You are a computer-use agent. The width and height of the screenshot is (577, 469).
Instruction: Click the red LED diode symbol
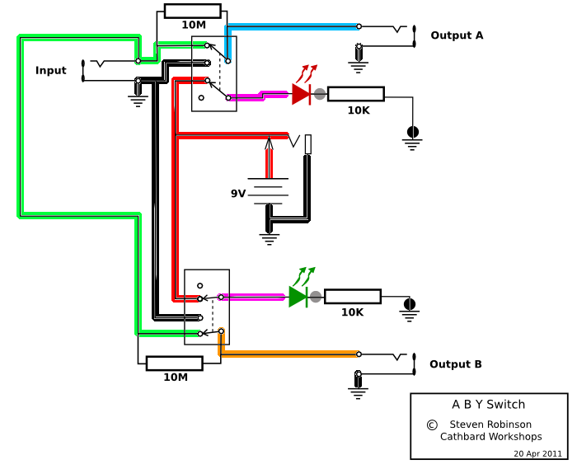click(x=301, y=94)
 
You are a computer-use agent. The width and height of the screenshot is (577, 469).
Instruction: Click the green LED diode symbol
click(x=298, y=297)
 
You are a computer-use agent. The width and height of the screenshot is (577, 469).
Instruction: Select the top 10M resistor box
click(x=192, y=11)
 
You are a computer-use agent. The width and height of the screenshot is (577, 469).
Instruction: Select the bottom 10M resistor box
click(x=174, y=363)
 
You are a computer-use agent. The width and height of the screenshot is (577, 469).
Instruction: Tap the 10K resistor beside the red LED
click(x=355, y=94)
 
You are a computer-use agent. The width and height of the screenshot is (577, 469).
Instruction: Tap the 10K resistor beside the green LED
click(x=352, y=297)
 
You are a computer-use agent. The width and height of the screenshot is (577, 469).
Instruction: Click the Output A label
click(x=457, y=35)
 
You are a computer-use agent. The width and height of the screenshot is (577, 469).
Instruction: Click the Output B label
click(x=455, y=364)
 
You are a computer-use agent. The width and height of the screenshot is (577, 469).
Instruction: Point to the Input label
click(x=50, y=71)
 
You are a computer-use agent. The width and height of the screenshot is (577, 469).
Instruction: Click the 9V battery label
click(x=238, y=194)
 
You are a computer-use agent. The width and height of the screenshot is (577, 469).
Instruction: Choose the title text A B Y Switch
click(x=488, y=405)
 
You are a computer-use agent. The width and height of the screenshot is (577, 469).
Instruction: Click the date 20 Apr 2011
click(x=537, y=453)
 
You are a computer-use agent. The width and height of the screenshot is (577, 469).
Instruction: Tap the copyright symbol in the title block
click(x=431, y=424)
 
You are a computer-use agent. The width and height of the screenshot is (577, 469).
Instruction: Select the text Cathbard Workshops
click(x=490, y=437)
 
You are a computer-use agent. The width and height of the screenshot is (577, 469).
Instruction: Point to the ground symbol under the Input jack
click(x=138, y=101)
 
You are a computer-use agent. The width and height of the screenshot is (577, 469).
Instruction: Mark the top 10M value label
click(x=194, y=25)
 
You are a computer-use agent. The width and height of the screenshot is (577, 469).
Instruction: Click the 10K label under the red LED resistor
click(x=358, y=110)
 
